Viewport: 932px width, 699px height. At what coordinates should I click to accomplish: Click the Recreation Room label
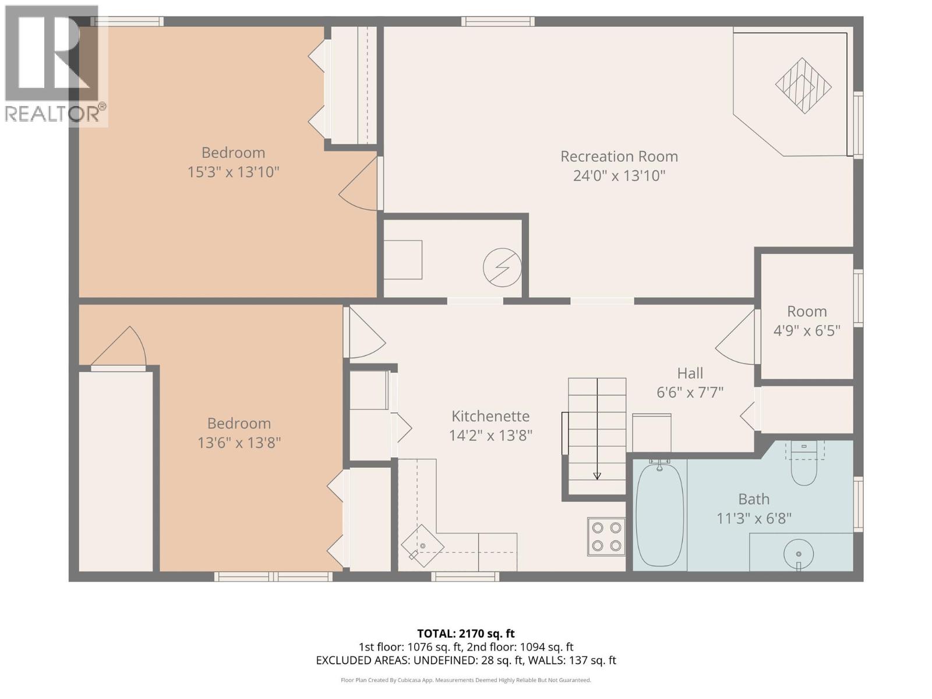coord(619,156)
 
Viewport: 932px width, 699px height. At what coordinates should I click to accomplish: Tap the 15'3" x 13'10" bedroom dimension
coord(233,172)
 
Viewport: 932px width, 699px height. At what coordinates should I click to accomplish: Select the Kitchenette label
coord(490,416)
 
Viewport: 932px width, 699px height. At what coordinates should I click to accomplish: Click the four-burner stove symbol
coord(606,536)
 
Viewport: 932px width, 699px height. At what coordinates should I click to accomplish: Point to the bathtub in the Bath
coord(659,514)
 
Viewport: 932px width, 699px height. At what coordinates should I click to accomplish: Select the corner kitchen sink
coord(422,546)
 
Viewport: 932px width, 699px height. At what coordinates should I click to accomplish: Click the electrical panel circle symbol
coord(502,267)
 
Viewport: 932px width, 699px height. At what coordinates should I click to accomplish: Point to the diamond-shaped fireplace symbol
coord(803,86)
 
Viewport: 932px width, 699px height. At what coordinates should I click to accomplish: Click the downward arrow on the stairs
coord(597,475)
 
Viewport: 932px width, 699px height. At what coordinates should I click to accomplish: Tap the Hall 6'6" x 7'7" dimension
coord(690,393)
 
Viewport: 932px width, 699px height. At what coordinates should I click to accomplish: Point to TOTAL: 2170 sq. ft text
coord(465,633)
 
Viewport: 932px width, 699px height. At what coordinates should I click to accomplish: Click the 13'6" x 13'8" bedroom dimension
coord(239,443)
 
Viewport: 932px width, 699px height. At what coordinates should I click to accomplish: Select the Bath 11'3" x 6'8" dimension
coord(754,518)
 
